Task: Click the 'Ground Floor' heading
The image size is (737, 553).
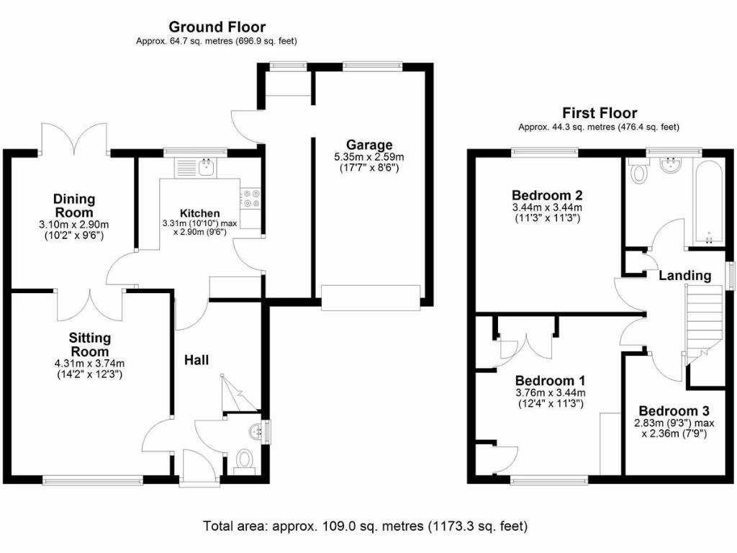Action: (x=217, y=27)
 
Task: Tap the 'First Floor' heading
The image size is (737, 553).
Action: (x=600, y=113)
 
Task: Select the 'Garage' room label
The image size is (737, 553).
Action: (x=368, y=145)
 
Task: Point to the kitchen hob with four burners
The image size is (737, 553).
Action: (x=252, y=198)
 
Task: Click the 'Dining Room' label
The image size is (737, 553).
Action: (x=74, y=205)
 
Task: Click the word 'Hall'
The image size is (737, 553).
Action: (x=196, y=359)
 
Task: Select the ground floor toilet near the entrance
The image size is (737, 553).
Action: (x=245, y=459)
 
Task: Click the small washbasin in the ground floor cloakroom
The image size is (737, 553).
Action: (x=257, y=431)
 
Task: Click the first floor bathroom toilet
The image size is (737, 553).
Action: (x=638, y=173)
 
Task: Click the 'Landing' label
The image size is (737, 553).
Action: (x=684, y=275)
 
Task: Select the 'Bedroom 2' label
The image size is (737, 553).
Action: (x=546, y=195)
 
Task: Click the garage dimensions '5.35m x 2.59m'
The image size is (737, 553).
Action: (x=368, y=157)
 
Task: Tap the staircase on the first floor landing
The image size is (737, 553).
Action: (x=702, y=324)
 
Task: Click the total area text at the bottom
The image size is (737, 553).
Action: (x=366, y=526)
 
